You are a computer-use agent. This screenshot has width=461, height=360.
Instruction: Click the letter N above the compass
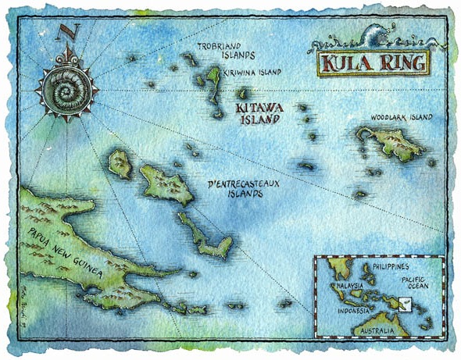pyautogui.click(x=67, y=33)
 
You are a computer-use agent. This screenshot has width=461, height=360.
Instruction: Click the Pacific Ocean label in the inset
pyautogui.click(x=419, y=285)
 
